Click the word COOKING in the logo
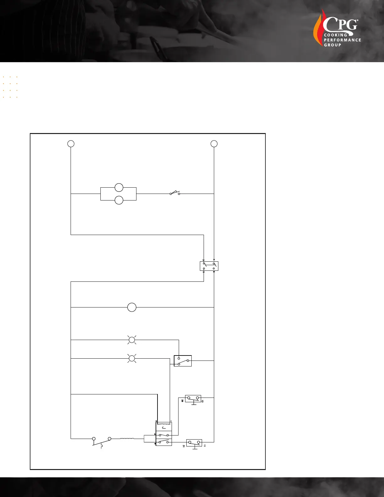click(335, 35)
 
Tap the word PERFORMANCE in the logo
click(342, 40)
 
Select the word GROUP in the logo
click(332, 45)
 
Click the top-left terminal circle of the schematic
click(71, 144)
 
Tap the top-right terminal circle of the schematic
click(214, 144)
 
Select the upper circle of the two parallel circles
click(119, 188)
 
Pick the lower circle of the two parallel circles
click(119, 200)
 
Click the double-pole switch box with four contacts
click(209, 266)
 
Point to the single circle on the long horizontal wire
click(132, 307)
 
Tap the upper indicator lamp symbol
click(132, 339)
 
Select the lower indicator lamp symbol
click(132, 358)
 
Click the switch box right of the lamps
click(183, 361)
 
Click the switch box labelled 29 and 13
click(193, 398)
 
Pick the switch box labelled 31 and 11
click(194, 443)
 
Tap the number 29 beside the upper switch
click(182, 401)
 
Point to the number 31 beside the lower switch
click(184, 446)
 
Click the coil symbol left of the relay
click(127, 439)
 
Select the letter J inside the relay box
click(163, 428)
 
